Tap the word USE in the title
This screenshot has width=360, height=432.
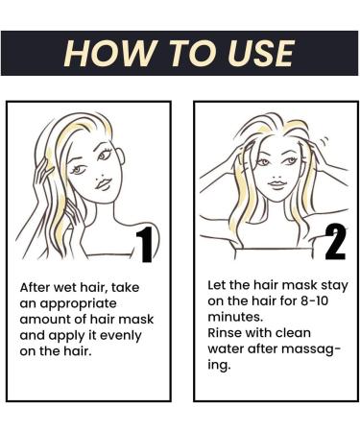tap(256, 53)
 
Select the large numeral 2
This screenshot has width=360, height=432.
tap(335, 242)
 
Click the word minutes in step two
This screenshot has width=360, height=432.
tap(235, 320)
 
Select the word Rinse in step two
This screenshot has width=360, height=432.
tap(228, 336)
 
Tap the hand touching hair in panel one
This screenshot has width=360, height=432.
tap(42, 182)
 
